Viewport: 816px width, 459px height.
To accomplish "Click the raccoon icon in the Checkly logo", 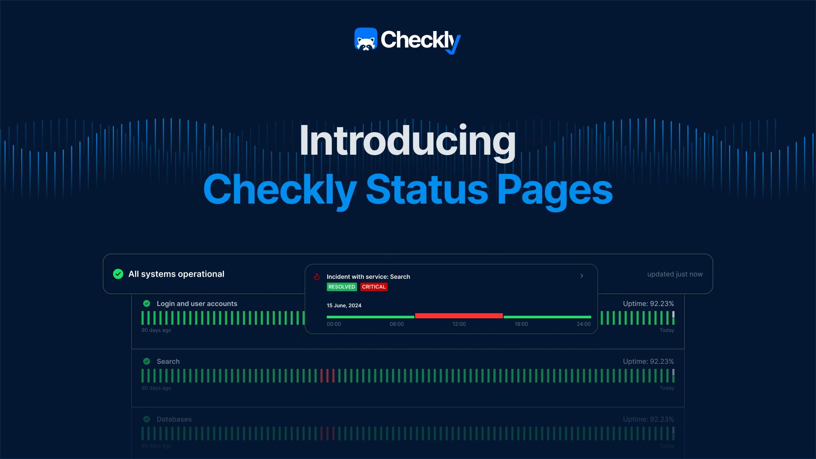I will (366, 40).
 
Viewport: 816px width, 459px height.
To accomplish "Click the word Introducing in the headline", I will (407, 142).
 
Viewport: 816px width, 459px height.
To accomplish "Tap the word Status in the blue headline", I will (427, 190).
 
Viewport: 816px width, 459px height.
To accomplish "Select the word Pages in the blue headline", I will (555, 190).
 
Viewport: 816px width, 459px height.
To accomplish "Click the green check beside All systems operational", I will (118, 274).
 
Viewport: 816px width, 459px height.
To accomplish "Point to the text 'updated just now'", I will (674, 274).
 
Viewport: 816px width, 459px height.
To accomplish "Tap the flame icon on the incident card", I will (317, 277).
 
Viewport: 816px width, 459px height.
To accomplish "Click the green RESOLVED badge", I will (342, 287).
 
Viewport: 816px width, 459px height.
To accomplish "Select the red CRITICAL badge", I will (374, 287).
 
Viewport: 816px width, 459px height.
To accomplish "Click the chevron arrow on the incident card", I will (582, 276).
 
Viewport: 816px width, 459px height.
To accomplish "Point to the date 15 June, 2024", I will (344, 306).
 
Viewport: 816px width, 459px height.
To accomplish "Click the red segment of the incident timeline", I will (459, 316).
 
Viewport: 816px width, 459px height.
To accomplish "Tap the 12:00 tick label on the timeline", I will (459, 324).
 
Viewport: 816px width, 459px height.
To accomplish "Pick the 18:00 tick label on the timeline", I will (521, 324).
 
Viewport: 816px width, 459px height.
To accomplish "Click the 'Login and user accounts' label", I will (197, 303).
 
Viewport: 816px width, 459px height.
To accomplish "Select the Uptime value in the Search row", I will (648, 361).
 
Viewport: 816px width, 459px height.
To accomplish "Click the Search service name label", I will (168, 361).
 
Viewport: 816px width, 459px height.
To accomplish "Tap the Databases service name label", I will (174, 419).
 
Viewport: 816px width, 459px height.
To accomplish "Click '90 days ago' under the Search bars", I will (156, 388).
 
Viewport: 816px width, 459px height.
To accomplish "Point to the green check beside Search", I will (147, 361).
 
